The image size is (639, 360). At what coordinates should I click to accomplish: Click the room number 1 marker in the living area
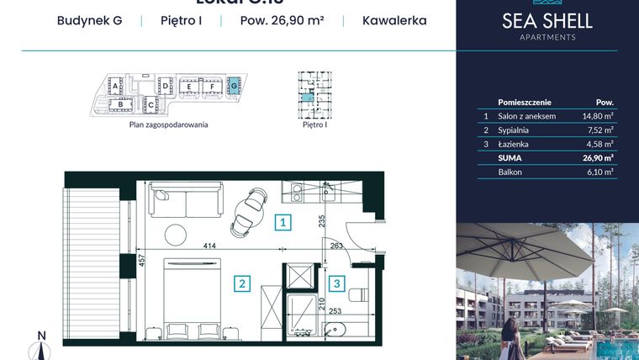284,223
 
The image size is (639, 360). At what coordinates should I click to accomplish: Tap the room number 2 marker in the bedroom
241,283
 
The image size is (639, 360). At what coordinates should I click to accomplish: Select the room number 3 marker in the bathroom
335,283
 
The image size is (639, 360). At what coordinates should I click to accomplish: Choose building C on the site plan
151,105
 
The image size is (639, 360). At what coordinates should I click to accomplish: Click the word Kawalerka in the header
394,19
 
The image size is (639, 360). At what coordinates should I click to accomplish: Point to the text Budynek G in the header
89,19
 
